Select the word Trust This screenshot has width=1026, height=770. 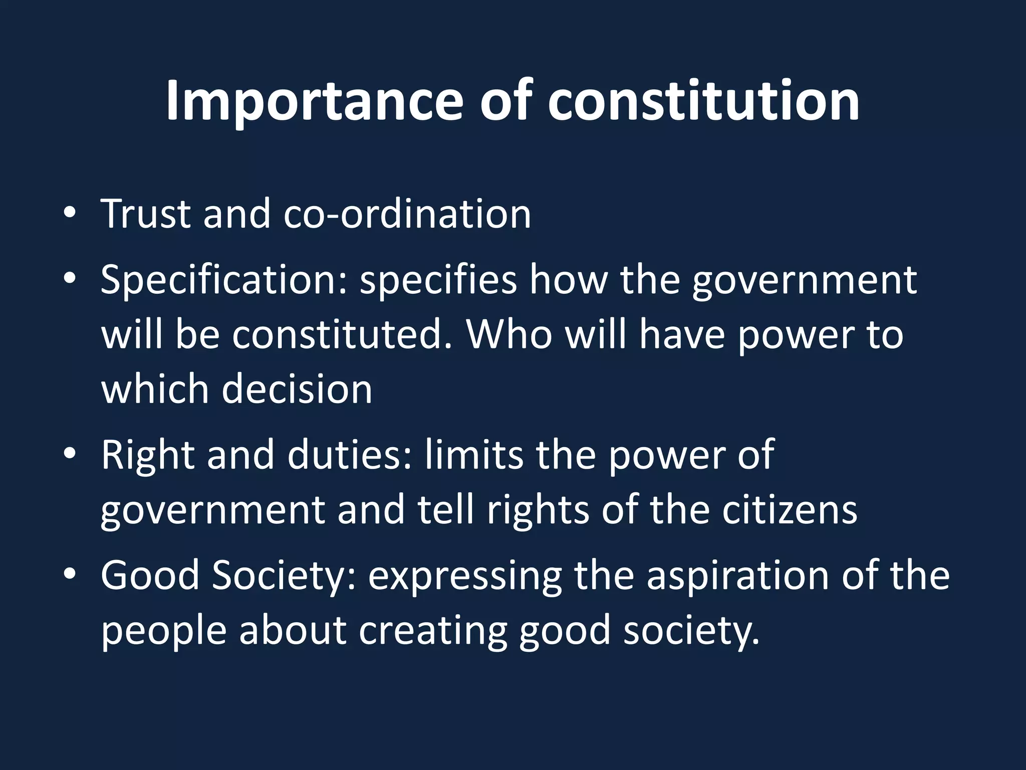point(146,214)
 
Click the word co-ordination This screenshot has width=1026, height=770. point(407,214)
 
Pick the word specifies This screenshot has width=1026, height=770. point(438,281)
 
